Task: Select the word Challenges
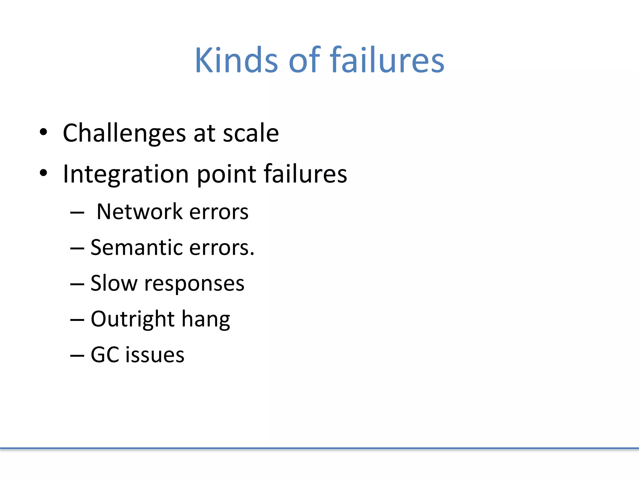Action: (x=124, y=133)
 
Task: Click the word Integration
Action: (x=126, y=174)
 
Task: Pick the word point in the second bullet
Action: (x=227, y=175)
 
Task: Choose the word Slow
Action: (x=114, y=283)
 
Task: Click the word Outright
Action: (x=132, y=319)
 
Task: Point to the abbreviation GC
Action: (x=105, y=355)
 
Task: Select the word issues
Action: (x=155, y=355)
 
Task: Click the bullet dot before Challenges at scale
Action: (x=43, y=132)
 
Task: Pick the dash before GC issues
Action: (x=77, y=356)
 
